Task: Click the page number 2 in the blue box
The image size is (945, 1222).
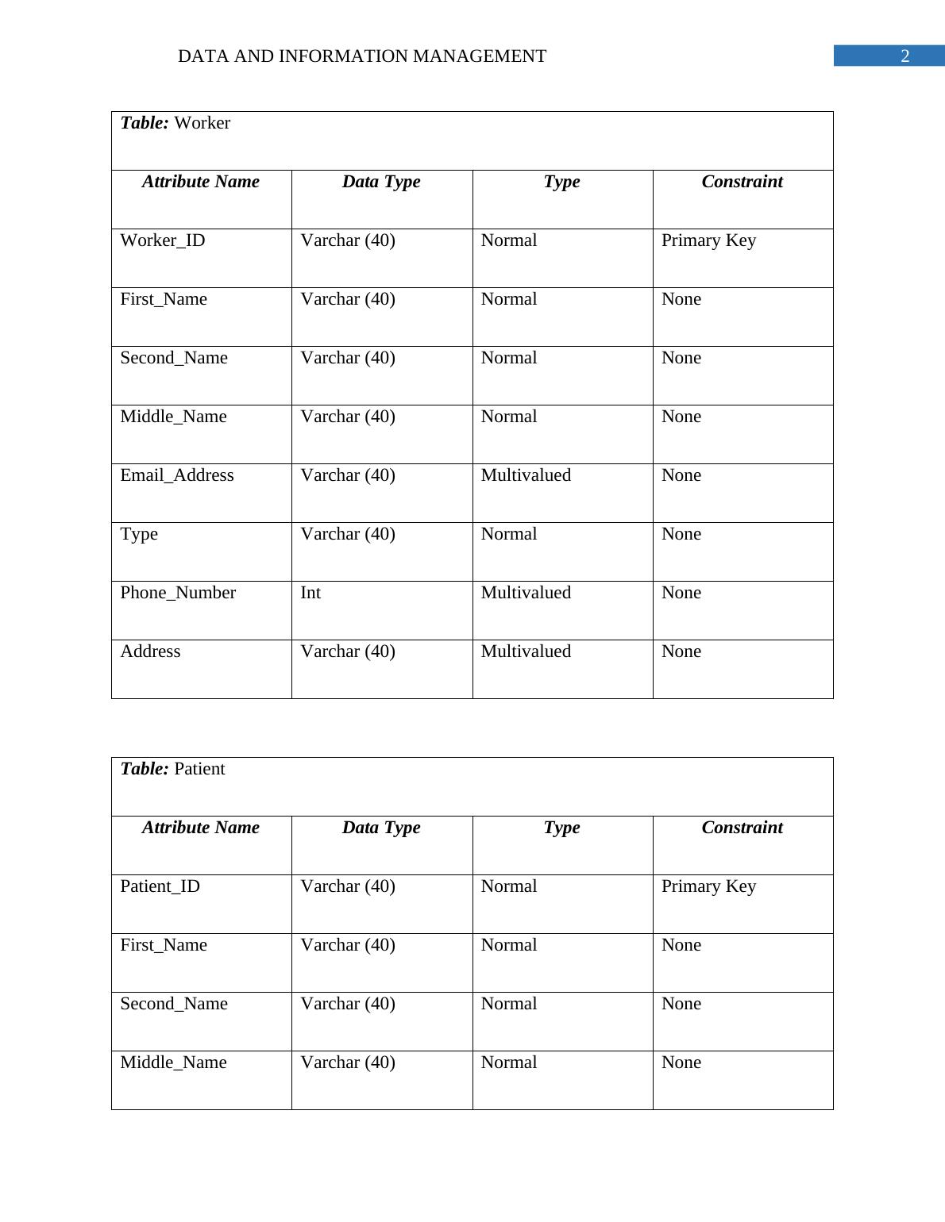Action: pos(904,56)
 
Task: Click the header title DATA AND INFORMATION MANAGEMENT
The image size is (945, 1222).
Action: pos(361,56)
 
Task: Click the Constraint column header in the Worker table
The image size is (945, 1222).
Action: pos(742,182)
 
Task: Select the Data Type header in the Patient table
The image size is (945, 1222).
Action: pos(381,828)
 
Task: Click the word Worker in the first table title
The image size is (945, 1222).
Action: pos(202,123)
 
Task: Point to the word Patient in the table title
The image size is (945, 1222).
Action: pos(199,769)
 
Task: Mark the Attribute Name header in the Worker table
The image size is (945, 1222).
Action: pos(201,182)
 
